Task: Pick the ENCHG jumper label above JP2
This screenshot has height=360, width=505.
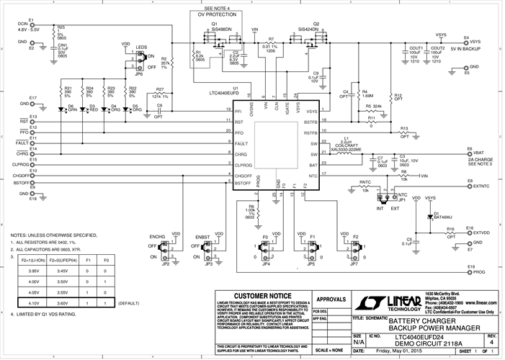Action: (x=157, y=237)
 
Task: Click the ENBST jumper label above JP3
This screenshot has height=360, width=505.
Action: (x=202, y=237)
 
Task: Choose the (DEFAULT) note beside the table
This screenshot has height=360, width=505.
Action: (x=130, y=304)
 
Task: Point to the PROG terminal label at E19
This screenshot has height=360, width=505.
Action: (x=480, y=273)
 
